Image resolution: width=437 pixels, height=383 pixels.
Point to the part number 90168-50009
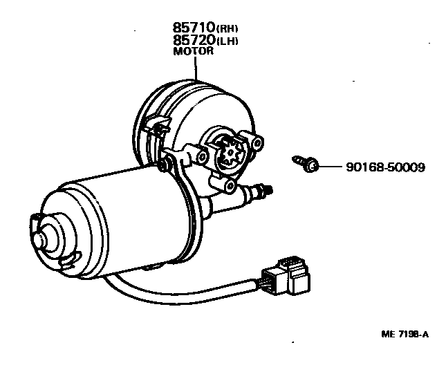coord(382,167)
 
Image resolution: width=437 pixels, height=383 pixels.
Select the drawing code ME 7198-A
coord(405,334)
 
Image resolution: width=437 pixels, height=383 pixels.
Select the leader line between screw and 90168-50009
coord(331,167)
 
